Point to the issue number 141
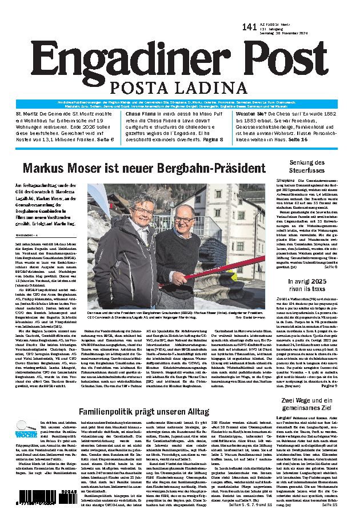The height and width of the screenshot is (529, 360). pyautogui.click(x=250, y=27)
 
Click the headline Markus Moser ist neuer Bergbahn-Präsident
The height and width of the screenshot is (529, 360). pyautogui.click(x=144, y=168)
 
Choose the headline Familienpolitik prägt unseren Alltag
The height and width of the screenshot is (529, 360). pyautogui.click(x=136, y=412)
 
